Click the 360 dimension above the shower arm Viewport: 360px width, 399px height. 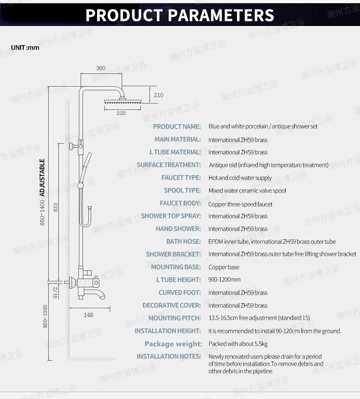point(101,68)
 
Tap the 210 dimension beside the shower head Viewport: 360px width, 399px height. point(158,95)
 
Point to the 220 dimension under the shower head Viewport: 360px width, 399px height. point(121,113)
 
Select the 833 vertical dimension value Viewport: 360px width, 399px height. point(56,207)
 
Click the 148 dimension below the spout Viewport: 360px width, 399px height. point(88,315)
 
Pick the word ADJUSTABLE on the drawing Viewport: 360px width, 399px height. point(42,177)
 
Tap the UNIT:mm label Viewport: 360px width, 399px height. point(25,47)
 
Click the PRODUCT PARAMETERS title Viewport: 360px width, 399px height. point(180,15)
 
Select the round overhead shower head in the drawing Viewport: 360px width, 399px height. point(120,103)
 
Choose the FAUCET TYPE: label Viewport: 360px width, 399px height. point(180,178)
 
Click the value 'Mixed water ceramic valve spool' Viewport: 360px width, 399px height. point(247,191)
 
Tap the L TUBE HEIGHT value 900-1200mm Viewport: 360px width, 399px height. point(224,280)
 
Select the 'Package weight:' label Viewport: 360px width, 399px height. point(173,344)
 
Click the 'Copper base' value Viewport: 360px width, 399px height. point(224,267)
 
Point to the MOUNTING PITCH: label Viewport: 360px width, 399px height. point(174,318)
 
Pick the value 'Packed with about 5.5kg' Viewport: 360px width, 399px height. point(238,344)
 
